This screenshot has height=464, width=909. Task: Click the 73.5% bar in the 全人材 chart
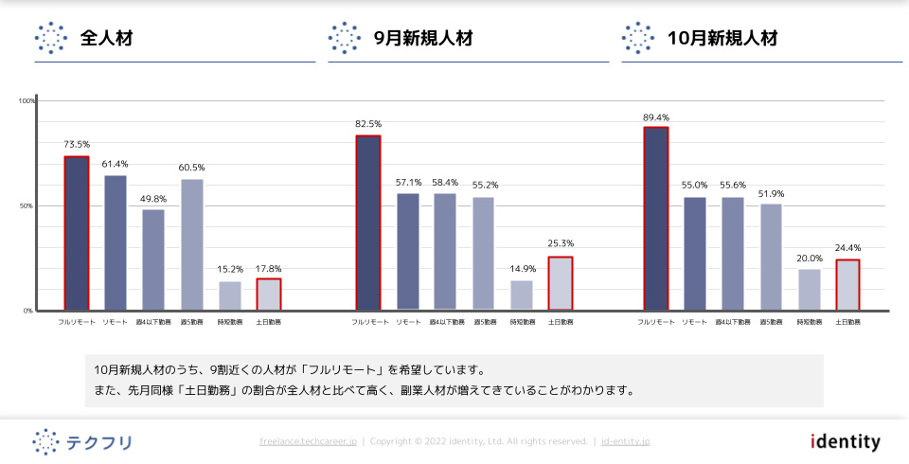[77, 233]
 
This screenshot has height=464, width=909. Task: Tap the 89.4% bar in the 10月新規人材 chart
[655, 218]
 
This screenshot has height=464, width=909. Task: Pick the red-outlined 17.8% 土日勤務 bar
[269, 294]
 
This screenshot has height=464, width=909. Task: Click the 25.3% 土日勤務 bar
[561, 283]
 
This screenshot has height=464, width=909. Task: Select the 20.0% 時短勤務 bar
[809, 290]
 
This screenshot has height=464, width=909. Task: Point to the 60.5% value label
[192, 168]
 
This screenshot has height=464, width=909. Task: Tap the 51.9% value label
[771, 193]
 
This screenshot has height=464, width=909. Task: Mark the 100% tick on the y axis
[27, 100]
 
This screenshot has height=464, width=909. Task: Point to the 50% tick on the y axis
[28, 205]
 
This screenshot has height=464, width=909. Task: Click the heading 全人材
[106, 39]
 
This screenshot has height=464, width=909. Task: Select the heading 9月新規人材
[423, 39]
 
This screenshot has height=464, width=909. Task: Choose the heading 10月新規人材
[722, 39]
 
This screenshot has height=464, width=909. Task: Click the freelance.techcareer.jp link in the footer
[308, 441]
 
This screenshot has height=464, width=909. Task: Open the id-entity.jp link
[625, 441]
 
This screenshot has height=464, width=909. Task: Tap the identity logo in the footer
[845, 442]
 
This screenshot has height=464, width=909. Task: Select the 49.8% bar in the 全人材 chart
[153, 259]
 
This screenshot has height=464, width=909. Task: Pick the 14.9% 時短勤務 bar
[522, 294]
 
